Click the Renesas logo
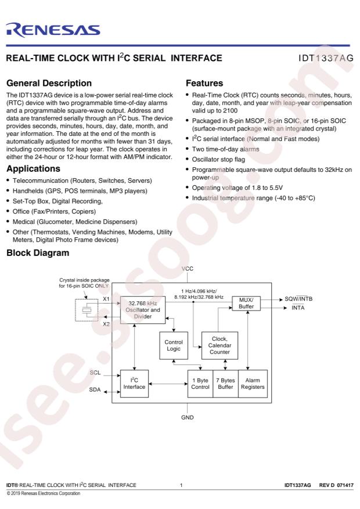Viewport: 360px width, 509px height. [53, 30]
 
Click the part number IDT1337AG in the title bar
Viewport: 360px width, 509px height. [326, 58]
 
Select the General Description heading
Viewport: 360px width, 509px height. [49, 83]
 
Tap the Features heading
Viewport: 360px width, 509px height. [204, 83]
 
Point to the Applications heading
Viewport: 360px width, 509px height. [34, 168]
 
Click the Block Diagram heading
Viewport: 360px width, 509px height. [38, 253]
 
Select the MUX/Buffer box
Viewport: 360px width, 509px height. [246, 303]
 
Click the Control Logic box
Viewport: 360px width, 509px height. [174, 345]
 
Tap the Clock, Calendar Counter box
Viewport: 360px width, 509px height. [219, 345]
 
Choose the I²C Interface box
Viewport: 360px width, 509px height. [134, 384]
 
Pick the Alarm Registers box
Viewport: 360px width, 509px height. [253, 384]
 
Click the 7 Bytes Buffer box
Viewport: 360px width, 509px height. [226, 384]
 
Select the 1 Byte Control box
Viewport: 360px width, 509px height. [200, 384]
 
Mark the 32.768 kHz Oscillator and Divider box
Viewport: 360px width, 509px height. [143, 310]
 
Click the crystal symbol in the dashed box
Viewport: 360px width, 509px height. [87, 310]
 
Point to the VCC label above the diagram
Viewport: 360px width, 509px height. [188, 269]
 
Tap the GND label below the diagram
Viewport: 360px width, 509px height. [188, 417]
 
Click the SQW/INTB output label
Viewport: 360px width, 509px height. [298, 299]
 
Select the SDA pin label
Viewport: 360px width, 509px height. [95, 389]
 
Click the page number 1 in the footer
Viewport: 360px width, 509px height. [181, 485]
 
